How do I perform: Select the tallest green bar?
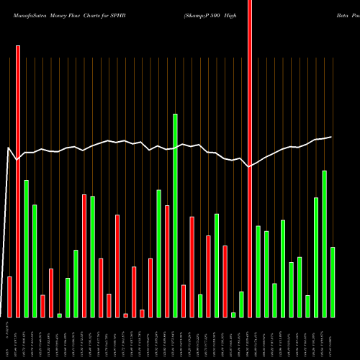(175, 215)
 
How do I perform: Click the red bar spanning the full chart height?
(250, 158)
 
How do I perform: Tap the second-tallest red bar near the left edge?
(18, 181)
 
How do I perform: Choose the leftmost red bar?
(9, 297)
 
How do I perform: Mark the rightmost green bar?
(333, 282)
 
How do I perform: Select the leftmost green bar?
(26, 248)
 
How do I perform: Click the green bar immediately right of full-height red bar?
(258, 271)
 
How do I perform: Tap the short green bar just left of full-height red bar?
(241, 304)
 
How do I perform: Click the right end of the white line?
(331, 137)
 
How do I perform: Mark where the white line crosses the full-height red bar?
(250, 166)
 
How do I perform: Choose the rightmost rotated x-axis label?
(333, 338)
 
